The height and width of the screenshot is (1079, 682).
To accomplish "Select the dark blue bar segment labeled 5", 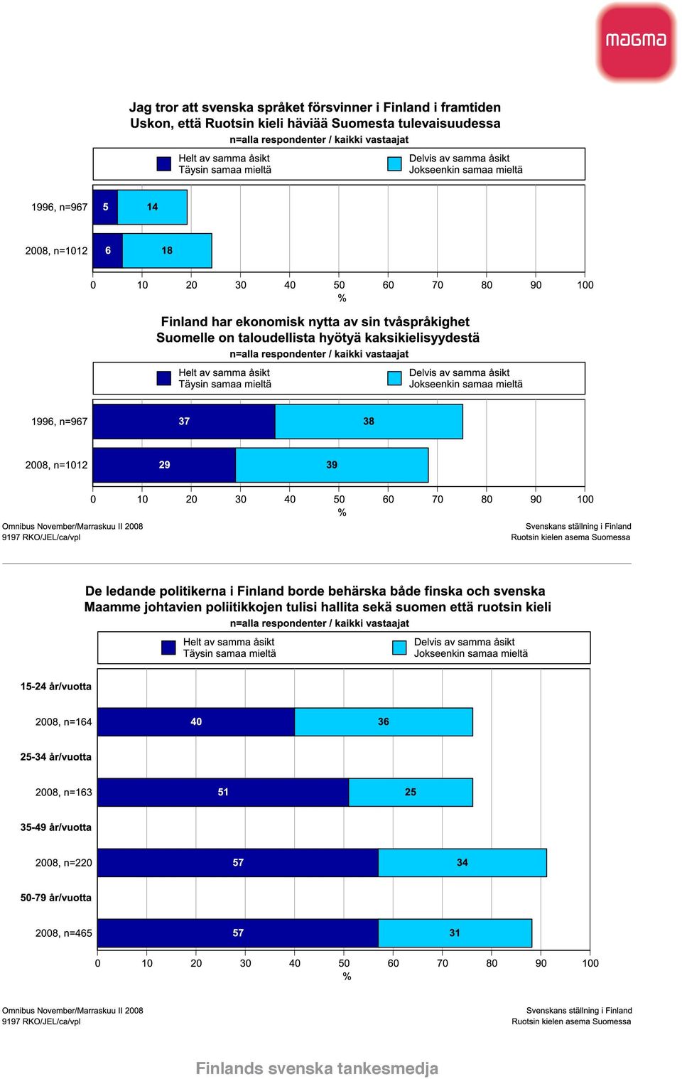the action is (105, 207).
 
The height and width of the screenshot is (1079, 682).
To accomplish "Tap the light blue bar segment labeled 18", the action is (167, 250).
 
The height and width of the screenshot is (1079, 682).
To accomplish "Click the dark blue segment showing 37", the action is (184, 422).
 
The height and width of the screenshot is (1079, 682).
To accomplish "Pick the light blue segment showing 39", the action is (332, 465).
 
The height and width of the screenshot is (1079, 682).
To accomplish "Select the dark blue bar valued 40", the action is (196, 721).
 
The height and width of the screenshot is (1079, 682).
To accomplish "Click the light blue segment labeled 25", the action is (411, 792).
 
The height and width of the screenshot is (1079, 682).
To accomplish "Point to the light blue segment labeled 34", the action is (462, 862).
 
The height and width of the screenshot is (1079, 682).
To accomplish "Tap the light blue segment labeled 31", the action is (455, 933).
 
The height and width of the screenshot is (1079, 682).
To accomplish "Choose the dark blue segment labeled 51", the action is (223, 792).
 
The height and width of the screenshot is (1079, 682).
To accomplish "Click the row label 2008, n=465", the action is (63, 933).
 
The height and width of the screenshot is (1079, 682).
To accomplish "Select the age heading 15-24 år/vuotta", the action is (56, 687).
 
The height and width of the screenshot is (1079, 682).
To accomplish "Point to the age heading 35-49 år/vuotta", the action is (56, 827).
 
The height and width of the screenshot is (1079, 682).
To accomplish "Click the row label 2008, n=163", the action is (63, 793).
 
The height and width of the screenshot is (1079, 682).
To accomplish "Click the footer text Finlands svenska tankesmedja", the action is (317, 1068).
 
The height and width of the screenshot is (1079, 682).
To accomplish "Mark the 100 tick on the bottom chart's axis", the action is (590, 963).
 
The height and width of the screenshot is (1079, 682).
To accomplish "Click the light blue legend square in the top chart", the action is (395, 163).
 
